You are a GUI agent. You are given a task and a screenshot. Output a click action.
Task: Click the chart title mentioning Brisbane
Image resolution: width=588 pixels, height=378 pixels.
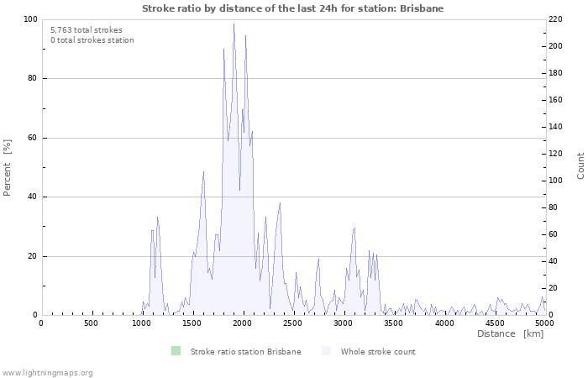(x=293, y=8)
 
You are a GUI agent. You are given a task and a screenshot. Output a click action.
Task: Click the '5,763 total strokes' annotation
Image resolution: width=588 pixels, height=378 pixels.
(x=86, y=29)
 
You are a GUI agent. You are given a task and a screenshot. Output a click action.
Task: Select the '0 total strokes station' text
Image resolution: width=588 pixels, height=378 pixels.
(x=92, y=39)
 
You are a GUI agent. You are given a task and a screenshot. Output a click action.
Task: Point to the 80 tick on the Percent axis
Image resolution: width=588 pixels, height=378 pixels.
(x=31, y=79)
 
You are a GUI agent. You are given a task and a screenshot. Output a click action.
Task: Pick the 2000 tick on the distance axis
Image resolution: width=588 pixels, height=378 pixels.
(x=243, y=323)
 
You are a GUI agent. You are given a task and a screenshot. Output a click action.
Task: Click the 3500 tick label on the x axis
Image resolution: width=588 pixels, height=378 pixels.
(x=394, y=323)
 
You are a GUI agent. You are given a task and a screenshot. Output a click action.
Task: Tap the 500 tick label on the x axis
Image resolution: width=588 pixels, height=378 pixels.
(x=92, y=323)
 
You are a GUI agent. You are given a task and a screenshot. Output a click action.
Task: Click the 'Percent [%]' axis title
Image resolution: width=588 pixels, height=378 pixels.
(x=8, y=167)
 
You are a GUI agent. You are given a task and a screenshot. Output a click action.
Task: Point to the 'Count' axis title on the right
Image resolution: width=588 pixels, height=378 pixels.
(x=580, y=165)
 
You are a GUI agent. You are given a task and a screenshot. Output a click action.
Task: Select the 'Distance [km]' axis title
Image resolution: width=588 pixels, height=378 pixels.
(x=510, y=334)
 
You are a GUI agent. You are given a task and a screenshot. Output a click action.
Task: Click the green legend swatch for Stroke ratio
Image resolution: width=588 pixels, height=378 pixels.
(x=176, y=351)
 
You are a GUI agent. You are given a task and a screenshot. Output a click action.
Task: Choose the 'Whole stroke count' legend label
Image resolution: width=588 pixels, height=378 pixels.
(x=378, y=351)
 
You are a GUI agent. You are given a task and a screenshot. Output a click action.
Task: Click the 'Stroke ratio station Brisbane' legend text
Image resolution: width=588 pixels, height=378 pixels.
(x=245, y=351)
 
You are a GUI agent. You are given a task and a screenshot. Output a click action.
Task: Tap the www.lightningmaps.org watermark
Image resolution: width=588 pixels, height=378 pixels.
(x=47, y=372)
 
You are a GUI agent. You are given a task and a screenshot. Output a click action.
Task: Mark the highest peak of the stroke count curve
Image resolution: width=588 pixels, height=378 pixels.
(x=234, y=24)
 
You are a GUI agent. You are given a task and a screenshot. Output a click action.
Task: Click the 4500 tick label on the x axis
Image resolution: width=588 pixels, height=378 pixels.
(x=495, y=323)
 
